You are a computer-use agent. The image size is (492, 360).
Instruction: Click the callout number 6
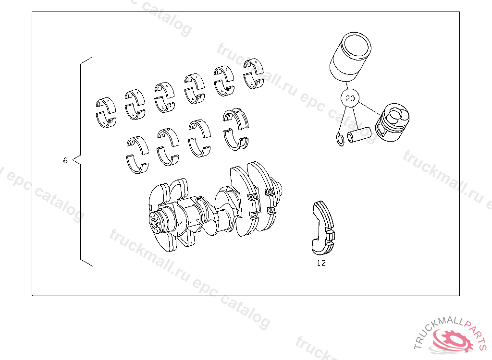tap(65, 160)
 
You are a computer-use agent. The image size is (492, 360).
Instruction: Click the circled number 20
tap(350, 98)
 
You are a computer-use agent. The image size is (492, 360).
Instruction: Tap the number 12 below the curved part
tap(321, 263)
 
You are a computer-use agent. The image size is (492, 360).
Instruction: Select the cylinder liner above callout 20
tap(350, 57)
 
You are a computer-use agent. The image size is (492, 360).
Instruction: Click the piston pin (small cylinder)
tap(359, 134)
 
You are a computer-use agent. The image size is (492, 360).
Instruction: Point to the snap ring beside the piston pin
tap(340, 140)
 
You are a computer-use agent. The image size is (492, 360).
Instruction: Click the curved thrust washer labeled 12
tap(323, 228)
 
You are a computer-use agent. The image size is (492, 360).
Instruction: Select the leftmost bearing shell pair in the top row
tap(106, 112)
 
